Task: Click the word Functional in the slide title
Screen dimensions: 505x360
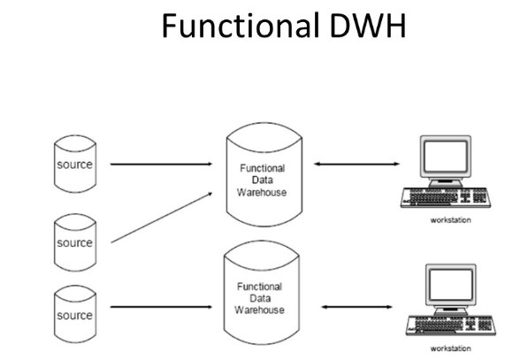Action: [x=241, y=26]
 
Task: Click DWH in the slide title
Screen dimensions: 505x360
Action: [x=368, y=26]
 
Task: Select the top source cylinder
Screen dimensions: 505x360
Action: [x=75, y=164]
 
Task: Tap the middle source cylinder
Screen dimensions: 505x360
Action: [x=75, y=242]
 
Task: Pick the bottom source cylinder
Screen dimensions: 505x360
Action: [x=75, y=314]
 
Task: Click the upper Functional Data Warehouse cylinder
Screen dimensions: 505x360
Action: [x=264, y=174]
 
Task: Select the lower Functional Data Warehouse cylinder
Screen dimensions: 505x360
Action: [x=262, y=293]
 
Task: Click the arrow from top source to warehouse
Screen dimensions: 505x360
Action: [x=161, y=165]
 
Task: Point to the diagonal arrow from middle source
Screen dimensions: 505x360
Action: [x=162, y=218]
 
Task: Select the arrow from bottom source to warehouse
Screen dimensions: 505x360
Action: [x=161, y=307]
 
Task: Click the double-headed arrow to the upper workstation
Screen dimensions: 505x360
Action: [x=356, y=164]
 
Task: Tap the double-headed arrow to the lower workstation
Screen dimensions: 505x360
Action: [x=356, y=307]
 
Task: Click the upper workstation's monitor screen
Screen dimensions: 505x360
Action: [x=446, y=157]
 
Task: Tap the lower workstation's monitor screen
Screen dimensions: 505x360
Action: [x=451, y=285]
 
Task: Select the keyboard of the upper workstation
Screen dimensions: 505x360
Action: [x=446, y=197]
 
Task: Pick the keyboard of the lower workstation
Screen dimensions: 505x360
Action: [x=451, y=326]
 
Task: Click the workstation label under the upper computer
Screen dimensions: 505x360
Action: [x=450, y=220]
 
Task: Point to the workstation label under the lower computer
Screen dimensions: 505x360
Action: [x=450, y=349]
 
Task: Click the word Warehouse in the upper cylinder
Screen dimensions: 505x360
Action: [x=262, y=193]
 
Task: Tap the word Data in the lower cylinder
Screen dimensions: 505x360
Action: [x=260, y=298]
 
